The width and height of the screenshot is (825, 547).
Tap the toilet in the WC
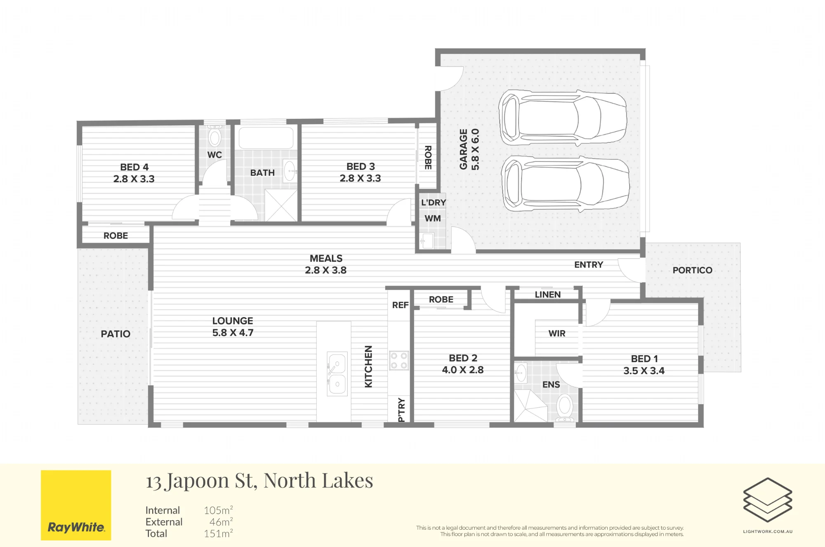[214, 136]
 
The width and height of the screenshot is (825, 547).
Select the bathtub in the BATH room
[266, 138]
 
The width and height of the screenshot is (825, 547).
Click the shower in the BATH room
[281, 205]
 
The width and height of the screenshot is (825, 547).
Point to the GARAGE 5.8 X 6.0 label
[469, 149]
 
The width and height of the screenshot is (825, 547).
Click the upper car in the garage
[563, 118]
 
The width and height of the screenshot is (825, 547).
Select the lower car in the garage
[565, 184]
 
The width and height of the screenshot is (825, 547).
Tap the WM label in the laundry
[433, 219]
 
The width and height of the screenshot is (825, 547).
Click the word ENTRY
[589, 265]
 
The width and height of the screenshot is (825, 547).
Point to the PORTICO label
[693, 270]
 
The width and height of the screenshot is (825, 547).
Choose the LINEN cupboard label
[548, 295]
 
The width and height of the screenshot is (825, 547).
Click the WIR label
[557, 333]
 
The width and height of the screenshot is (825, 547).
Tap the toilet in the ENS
[565, 408]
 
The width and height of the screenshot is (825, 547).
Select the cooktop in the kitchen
[399, 361]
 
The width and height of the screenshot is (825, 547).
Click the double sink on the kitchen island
[337, 374]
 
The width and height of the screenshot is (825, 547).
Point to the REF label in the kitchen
[400, 305]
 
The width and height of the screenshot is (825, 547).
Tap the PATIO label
[115, 334]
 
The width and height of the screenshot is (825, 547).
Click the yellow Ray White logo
[76, 505]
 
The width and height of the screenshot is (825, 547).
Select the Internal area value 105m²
[218, 510]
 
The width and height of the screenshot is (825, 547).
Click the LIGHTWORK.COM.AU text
[768, 531]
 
